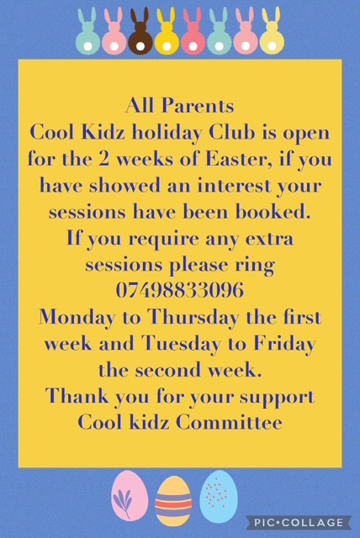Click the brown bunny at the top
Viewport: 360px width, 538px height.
click(140, 33)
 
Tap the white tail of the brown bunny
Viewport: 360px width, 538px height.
click(140, 47)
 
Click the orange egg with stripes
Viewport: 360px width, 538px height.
click(173, 502)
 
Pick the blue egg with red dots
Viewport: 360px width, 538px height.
click(219, 496)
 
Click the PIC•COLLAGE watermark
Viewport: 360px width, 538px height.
click(299, 522)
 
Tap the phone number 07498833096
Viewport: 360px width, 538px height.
click(180, 290)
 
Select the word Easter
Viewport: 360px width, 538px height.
click(239, 159)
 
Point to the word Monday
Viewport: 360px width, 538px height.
click(77, 318)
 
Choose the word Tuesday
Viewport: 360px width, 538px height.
click(181, 344)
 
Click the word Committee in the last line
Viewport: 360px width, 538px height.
click(230, 423)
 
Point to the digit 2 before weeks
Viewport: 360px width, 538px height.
click(103, 160)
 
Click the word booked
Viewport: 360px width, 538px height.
click(273, 212)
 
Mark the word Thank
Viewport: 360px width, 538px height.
click(77, 396)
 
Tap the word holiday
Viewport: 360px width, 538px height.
click(167, 133)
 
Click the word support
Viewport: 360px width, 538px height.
click(277, 398)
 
